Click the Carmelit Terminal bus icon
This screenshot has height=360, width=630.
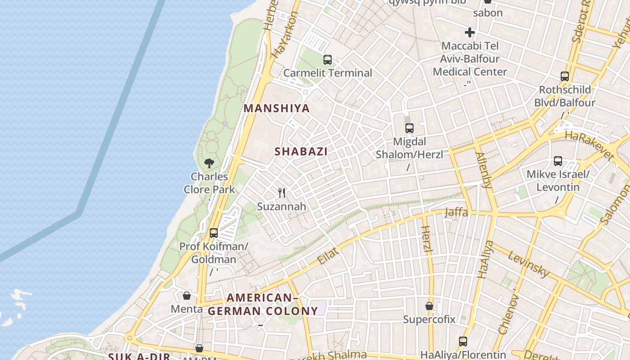point(328,59)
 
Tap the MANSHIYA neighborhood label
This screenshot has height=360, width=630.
point(277,108)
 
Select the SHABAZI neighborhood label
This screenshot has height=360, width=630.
point(301,152)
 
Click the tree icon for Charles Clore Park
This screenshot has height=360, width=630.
point(209,163)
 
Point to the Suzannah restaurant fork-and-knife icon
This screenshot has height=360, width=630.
point(282,193)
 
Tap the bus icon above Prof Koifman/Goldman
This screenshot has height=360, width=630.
point(214,233)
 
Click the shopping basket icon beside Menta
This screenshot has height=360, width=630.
point(187,296)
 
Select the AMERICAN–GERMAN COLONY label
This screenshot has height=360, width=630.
point(263,305)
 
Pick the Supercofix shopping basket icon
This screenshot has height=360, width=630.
point(429,306)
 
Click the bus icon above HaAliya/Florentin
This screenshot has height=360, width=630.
point(463,341)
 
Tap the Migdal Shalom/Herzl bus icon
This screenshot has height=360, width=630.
point(409,128)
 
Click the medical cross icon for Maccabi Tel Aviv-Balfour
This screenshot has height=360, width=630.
point(470,32)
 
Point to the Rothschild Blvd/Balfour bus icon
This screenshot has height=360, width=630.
point(565,76)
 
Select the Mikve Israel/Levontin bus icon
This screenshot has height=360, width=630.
point(558,161)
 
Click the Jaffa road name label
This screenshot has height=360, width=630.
point(456,212)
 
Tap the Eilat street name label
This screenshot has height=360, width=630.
point(327,256)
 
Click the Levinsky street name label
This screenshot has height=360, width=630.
point(529,264)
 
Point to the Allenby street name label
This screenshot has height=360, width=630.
point(484,170)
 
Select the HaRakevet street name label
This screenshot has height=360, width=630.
point(589,146)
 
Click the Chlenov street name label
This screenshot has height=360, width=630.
point(509,315)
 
